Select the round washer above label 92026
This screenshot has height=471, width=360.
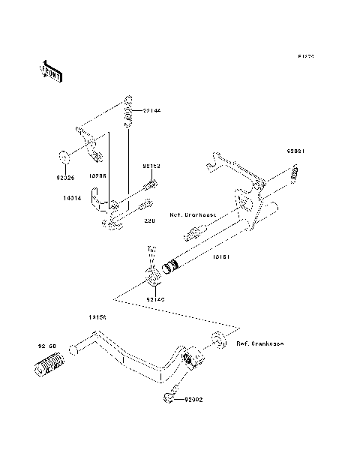[65, 157]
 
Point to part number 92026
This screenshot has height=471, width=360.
[65, 178]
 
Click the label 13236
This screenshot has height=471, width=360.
[97, 175]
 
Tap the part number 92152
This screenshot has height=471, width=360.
[152, 166]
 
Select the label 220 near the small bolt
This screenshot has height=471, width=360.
[148, 221]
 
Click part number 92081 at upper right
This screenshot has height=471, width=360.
[295, 150]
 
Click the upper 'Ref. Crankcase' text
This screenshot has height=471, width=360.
[193, 214]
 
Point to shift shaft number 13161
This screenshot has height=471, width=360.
[221, 257]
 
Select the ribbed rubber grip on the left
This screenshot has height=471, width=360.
[50, 368]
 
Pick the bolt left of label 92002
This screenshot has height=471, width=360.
[169, 394]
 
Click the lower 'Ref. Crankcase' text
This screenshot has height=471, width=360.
[259, 344]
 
